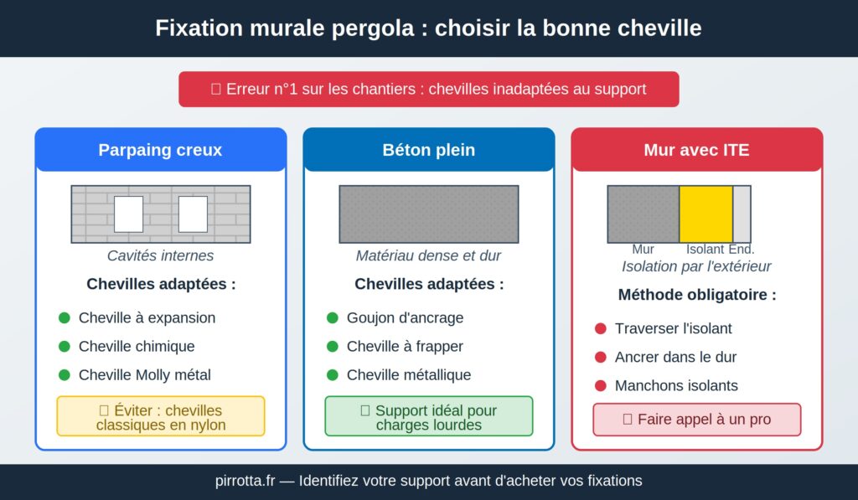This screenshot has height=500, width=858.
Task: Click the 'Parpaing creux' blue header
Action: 160,151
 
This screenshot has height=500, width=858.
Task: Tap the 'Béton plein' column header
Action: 428,151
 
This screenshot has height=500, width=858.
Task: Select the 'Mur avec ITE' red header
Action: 696,151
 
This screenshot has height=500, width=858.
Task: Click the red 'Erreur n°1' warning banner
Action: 428,89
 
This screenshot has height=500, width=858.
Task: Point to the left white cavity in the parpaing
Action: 128,214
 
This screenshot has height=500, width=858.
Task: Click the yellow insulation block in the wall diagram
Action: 706,214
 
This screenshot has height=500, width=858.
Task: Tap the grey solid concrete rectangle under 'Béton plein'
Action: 428,214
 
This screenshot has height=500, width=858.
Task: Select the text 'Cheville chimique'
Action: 137,347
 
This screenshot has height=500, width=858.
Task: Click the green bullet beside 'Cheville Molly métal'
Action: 65,375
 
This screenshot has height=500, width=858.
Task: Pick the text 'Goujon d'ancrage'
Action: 405,318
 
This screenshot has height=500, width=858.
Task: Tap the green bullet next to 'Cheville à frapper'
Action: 333,347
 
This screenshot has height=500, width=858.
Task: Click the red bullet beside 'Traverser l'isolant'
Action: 600,329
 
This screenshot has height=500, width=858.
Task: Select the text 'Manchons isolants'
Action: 676,386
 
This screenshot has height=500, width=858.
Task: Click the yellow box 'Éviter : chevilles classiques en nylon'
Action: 160,417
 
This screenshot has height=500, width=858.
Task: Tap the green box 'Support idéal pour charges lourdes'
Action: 428,417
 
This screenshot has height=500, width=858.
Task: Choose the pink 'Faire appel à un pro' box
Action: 696,420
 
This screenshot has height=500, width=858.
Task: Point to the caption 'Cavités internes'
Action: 160,256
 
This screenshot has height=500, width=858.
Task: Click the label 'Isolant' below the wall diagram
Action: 705,250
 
